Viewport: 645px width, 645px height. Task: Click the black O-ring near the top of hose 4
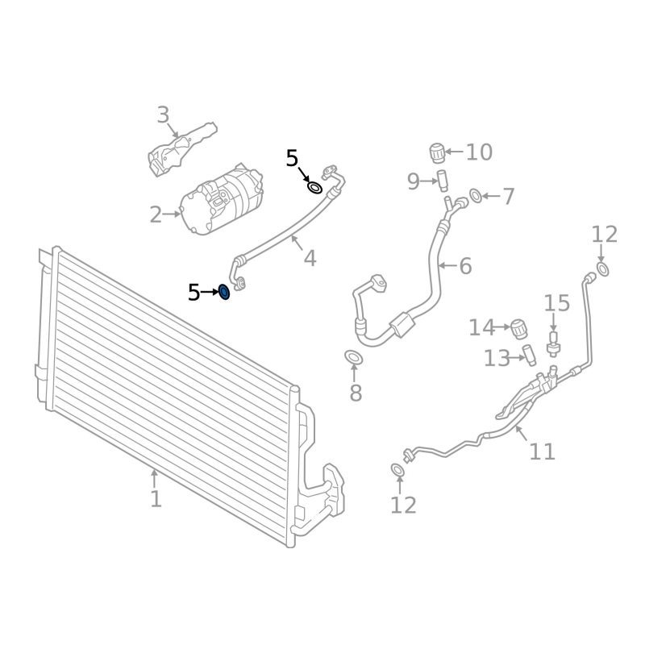coord(315,189)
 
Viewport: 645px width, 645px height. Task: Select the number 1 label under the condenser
coord(156,499)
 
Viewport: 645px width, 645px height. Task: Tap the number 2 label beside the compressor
coord(156,215)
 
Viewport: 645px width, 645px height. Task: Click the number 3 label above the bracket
coord(164,115)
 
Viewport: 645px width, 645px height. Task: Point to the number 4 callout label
coord(310,258)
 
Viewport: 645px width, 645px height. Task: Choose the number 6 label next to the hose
coord(465,265)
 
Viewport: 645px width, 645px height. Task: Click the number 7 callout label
coord(508,196)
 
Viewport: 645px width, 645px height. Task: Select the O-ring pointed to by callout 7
coord(476,195)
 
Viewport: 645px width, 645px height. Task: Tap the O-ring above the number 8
coord(352,357)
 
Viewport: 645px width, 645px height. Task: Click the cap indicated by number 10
coord(438,152)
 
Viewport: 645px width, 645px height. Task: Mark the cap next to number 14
coord(520,327)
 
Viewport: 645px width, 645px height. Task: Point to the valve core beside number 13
coord(528,354)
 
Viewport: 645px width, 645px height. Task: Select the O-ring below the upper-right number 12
coord(603,268)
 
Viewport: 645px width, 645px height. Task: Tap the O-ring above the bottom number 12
coord(397,470)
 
